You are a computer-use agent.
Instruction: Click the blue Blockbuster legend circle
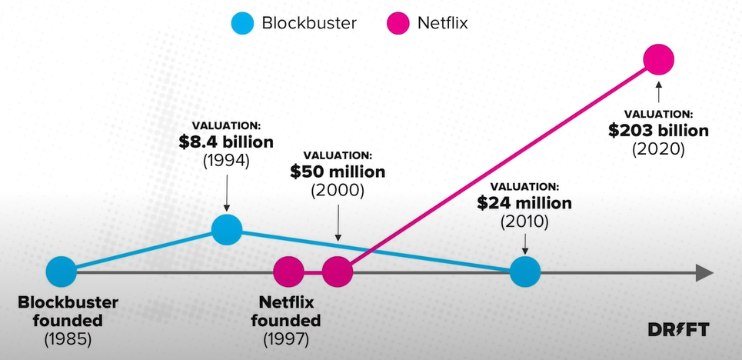click(x=244, y=23)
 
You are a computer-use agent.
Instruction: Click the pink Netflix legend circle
click(x=399, y=23)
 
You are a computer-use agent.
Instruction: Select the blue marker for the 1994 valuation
click(x=227, y=228)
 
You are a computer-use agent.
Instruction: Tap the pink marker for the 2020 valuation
click(x=658, y=59)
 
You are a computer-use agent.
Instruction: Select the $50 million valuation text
click(x=338, y=172)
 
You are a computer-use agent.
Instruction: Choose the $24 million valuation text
click(x=524, y=204)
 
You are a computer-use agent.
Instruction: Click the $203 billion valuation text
click(x=658, y=130)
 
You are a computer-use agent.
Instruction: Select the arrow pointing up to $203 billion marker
click(x=658, y=90)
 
